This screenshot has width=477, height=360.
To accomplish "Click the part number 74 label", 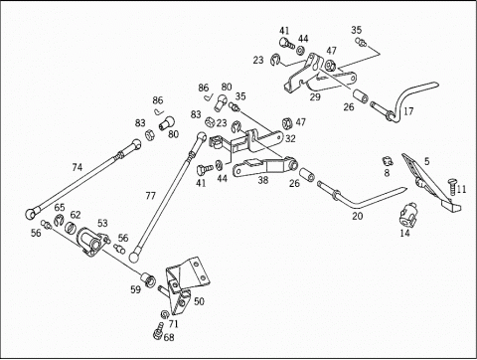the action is [x=77, y=167].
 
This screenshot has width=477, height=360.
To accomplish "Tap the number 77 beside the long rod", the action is [x=150, y=196].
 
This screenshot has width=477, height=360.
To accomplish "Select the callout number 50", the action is [x=199, y=301].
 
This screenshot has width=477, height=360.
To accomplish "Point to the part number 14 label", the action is [x=404, y=233].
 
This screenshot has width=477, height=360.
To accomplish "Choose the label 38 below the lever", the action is [x=263, y=180].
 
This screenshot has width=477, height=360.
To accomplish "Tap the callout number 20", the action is [x=358, y=216].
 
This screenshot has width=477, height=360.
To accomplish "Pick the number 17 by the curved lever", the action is [x=408, y=111].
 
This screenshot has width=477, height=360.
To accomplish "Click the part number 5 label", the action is [x=426, y=161].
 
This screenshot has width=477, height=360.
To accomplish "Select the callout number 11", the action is [x=461, y=189].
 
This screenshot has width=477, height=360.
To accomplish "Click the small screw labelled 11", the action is [x=451, y=188].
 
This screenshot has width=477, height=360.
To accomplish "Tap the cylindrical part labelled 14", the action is [x=406, y=214].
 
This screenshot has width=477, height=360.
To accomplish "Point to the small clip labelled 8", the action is [x=387, y=161].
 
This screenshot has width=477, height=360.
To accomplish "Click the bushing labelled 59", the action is [x=148, y=279].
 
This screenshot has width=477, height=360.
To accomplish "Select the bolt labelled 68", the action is [x=159, y=332].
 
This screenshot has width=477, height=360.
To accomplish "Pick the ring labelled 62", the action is [x=71, y=227].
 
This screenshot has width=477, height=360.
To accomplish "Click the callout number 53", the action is [x=102, y=223].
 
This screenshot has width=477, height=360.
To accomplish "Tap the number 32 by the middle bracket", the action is [x=290, y=138].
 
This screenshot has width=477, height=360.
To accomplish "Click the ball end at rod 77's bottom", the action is [x=135, y=257].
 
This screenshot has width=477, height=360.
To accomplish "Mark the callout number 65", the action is [x=60, y=208].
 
